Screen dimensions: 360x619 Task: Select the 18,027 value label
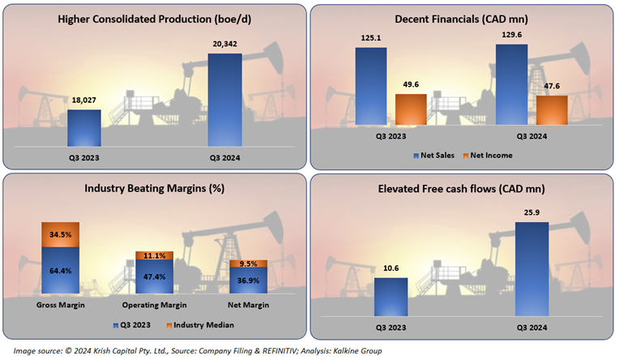click(84, 100)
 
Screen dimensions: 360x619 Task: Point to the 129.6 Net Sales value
click(511, 35)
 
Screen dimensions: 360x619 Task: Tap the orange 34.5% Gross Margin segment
click(61, 234)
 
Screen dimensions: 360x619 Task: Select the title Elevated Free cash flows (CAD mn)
click(462, 188)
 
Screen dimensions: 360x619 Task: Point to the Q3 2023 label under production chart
click(84, 157)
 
